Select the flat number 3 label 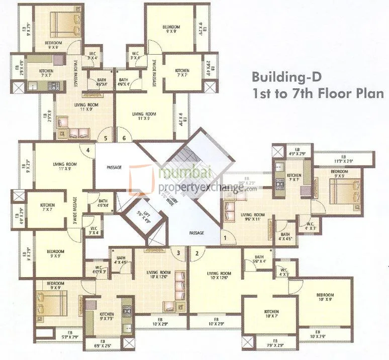coord(177,253)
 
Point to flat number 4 coord(87,150)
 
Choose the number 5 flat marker coord(105,138)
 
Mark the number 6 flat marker coord(123,138)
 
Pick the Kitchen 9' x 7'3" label coord(106,316)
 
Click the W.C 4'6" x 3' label coord(98,270)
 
